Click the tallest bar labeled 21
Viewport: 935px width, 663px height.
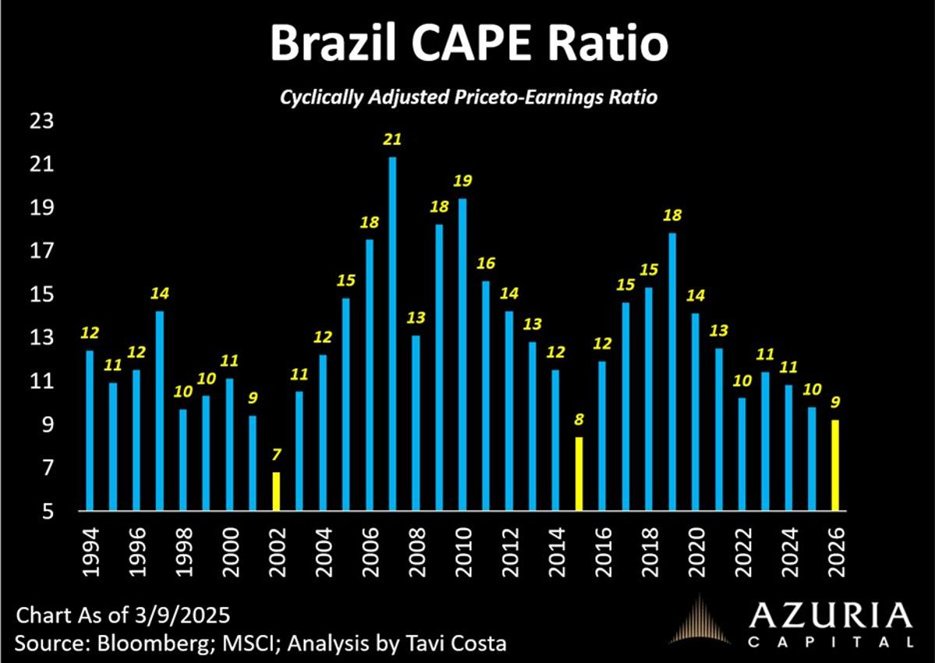pyautogui.click(x=393, y=335)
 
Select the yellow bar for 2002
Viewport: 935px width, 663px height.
pyautogui.click(x=276, y=492)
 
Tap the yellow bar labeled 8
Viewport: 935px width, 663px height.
pyautogui.click(x=579, y=474)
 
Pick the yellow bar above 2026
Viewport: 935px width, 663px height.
pyautogui.click(x=835, y=465)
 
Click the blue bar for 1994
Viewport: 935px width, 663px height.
pyautogui.click(x=89, y=431)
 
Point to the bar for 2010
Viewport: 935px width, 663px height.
pyautogui.click(x=463, y=354)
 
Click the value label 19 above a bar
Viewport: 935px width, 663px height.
pyautogui.click(x=463, y=182)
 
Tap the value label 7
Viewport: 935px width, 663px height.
pyautogui.click(x=276, y=456)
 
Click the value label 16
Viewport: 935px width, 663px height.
pyautogui.click(x=486, y=264)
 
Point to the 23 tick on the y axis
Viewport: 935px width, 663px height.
pyautogui.click(x=42, y=122)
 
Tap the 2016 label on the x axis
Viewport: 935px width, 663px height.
pyautogui.click(x=602, y=552)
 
